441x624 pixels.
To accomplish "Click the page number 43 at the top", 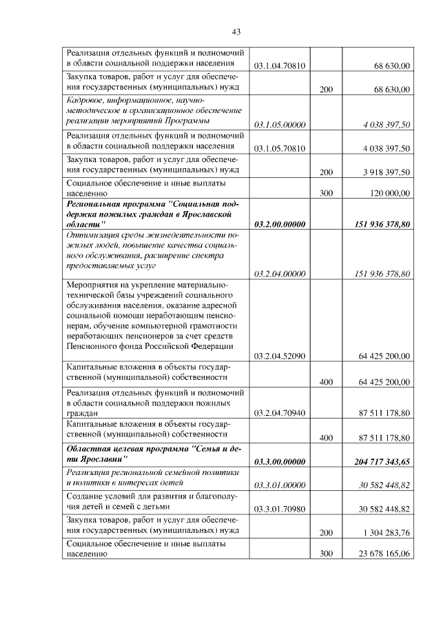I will pyautogui.click(x=236, y=32).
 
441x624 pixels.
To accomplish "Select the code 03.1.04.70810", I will pyautogui.click(x=280, y=66).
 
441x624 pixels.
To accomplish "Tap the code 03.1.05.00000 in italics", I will pyautogui.click(x=280, y=125).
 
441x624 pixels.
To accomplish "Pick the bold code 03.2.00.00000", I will pyautogui.click(x=280, y=225).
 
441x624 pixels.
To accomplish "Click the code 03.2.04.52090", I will pyautogui.click(x=280, y=356).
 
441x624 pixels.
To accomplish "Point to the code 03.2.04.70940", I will pyautogui.click(x=280, y=412).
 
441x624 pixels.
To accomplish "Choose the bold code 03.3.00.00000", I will pyautogui.click(x=280, y=461).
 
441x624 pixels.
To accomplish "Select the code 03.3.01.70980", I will pyautogui.click(x=280, y=508).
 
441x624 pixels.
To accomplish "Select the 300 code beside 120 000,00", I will pyautogui.click(x=326, y=195).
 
